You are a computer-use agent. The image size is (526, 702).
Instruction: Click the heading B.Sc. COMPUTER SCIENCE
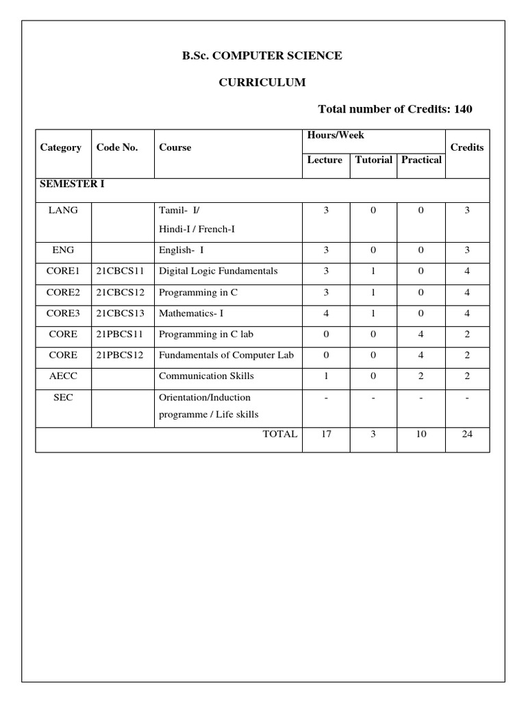click(262, 56)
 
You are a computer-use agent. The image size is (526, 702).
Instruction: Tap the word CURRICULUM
click(262, 82)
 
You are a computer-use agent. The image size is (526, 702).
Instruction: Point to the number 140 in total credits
click(459, 109)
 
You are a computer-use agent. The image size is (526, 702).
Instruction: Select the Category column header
click(61, 147)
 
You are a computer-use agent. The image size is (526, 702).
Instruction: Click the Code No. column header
click(117, 147)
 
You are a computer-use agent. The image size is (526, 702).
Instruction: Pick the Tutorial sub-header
click(373, 160)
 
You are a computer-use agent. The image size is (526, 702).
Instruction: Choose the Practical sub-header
click(421, 160)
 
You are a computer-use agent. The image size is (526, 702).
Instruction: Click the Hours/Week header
click(336, 136)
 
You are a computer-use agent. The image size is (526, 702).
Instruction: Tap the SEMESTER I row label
click(72, 184)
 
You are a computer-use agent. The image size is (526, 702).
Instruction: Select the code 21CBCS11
click(121, 271)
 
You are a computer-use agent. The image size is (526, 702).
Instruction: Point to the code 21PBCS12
click(121, 355)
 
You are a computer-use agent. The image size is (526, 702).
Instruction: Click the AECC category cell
click(63, 376)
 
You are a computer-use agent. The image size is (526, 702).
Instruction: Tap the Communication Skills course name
click(206, 376)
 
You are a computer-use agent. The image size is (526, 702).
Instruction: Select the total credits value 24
click(467, 434)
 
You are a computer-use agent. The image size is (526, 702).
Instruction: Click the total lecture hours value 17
click(326, 434)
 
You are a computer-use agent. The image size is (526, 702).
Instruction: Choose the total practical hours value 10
click(421, 434)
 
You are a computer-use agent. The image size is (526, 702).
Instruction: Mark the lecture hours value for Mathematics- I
click(326, 313)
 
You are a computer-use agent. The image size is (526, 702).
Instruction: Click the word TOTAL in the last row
click(280, 434)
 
